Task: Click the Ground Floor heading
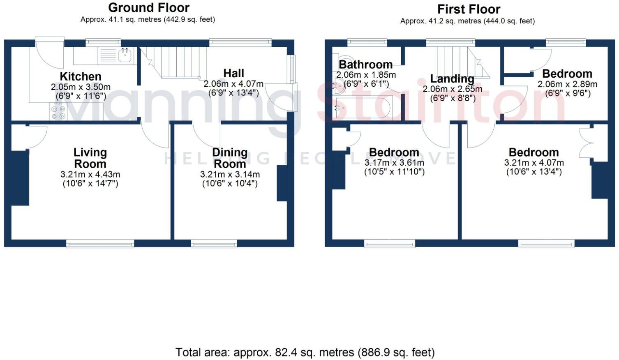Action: [148, 8]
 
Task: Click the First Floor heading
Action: [469, 9]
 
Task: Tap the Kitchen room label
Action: [81, 76]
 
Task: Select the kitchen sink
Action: [125, 55]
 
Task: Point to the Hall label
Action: [233, 73]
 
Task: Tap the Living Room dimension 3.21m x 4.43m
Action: [90, 175]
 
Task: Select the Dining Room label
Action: [230, 158]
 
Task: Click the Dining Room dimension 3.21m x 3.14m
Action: [230, 175]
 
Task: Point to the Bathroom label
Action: [365, 65]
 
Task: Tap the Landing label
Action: [452, 78]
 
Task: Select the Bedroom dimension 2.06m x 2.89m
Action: [567, 84]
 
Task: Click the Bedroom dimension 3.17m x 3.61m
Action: [394, 163]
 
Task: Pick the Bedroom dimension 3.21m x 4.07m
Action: [534, 163]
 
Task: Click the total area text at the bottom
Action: [305, 352]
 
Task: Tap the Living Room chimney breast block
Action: [20, 178]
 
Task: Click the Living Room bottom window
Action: [100, 244]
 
